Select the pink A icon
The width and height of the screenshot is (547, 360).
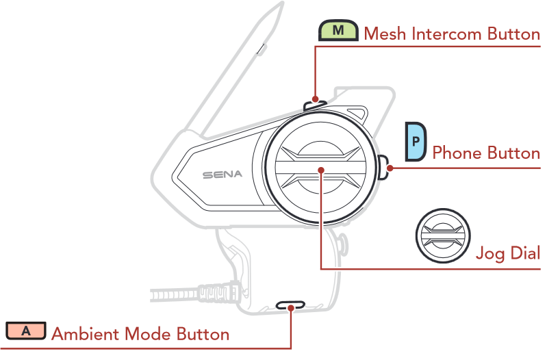[x=26, y=331]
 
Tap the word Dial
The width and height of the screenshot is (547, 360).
[x=524, y=253]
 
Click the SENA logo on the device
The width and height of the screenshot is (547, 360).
[x=222, y=175]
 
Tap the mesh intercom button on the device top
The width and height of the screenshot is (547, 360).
[x=314, y=105]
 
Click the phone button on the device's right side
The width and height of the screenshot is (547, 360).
[x=383, y=166]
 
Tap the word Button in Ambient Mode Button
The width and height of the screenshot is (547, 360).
[x=203, y=335]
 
